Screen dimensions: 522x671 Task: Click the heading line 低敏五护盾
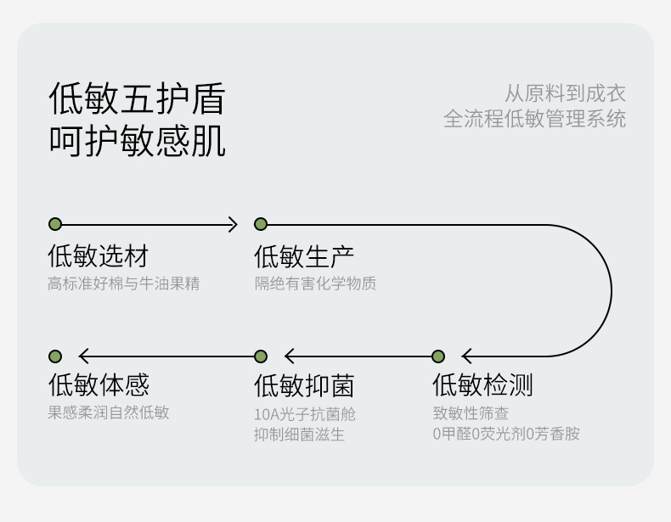click(137, 98)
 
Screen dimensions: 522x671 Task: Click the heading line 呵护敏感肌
click(137, 140)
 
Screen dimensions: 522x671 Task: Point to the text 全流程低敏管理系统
click(534, 119)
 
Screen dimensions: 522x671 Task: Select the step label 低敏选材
click(98, 255)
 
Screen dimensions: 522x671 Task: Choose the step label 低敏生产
click(304, 255)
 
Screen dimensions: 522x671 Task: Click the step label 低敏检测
click(482, 385)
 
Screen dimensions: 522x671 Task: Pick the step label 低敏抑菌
click(304, 385)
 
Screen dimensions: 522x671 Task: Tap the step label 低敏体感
click(98, 385)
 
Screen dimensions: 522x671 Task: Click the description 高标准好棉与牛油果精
click(123, 283)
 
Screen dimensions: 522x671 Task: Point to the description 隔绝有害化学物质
click(315, 283)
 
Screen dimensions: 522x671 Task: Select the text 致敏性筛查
click(471, 413)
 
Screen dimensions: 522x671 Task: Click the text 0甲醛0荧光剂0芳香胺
click(505, 434)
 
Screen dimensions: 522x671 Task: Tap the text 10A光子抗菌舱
click(304, 414)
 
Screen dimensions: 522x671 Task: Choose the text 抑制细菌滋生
click(299, 435)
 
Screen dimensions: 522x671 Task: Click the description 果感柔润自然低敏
click(108, 413)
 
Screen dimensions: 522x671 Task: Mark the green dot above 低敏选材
click(55, 224)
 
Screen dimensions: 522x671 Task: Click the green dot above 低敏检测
click(438, 356)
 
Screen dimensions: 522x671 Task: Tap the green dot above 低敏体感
click(55, 356)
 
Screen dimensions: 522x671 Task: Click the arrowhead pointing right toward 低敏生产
click(233, 224)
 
